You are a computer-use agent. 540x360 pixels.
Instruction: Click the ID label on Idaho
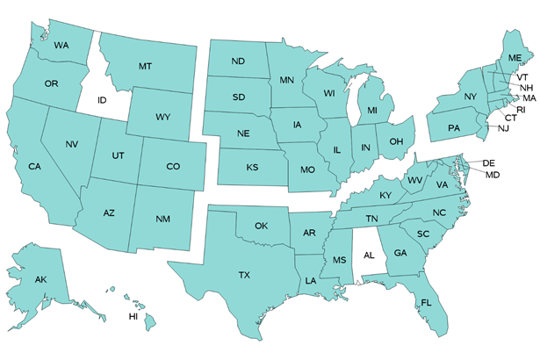(x=102, y=100)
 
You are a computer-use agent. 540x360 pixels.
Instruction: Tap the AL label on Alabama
(x=369, y=256)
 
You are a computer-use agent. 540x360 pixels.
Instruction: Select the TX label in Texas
(x=244, y=276)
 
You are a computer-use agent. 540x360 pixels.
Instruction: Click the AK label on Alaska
(x=40, y=279)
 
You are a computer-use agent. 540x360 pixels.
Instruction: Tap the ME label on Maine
(x=514, y=58)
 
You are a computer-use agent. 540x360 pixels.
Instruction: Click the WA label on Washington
(x=61, y=45)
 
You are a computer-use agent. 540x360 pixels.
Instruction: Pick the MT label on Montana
(x=147, y=67)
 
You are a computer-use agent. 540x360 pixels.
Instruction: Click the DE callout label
(x=490, y=163)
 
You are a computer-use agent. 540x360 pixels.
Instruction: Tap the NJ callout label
(x=503, y=128)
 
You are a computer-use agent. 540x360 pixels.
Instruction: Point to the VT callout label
(x=522, y=77)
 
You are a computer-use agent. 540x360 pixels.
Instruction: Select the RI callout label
(x=520, y=109)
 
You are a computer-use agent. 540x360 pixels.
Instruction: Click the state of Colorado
(x=172, y=167)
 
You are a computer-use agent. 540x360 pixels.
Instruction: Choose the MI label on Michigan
(x=372, y=111)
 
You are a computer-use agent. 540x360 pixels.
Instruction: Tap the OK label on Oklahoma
(x=261, y=227)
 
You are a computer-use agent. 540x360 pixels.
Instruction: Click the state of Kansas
(x=252, y=167)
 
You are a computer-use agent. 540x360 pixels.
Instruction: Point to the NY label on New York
(x=470, y=97)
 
